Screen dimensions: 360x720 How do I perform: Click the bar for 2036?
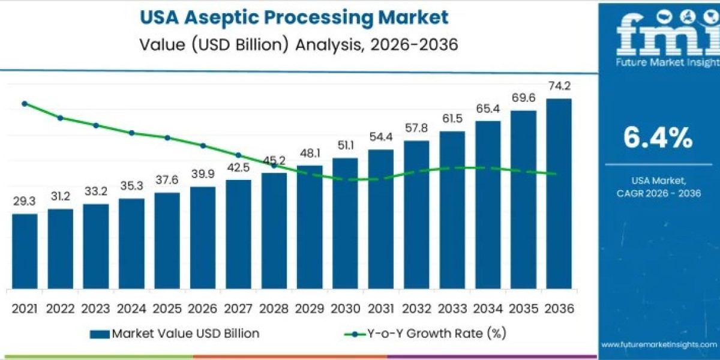559,192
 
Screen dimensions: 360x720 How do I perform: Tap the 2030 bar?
345,223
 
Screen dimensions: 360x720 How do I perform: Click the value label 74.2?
559,86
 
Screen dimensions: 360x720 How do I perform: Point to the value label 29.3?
25,202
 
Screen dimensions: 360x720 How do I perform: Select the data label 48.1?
310,153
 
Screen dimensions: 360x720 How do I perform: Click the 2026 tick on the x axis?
203,308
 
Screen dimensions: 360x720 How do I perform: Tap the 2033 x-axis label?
452,308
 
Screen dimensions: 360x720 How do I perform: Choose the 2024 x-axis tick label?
131,308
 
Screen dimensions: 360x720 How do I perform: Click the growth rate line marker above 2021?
25,104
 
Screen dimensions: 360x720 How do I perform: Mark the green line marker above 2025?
167,137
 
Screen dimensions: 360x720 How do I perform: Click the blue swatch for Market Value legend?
99,334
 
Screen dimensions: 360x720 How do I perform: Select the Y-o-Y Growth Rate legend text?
450,334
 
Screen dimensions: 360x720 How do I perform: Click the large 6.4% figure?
658,139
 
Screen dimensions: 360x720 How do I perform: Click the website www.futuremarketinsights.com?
659,344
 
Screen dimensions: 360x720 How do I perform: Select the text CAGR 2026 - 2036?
658,193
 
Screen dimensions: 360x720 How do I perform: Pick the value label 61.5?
452,119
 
